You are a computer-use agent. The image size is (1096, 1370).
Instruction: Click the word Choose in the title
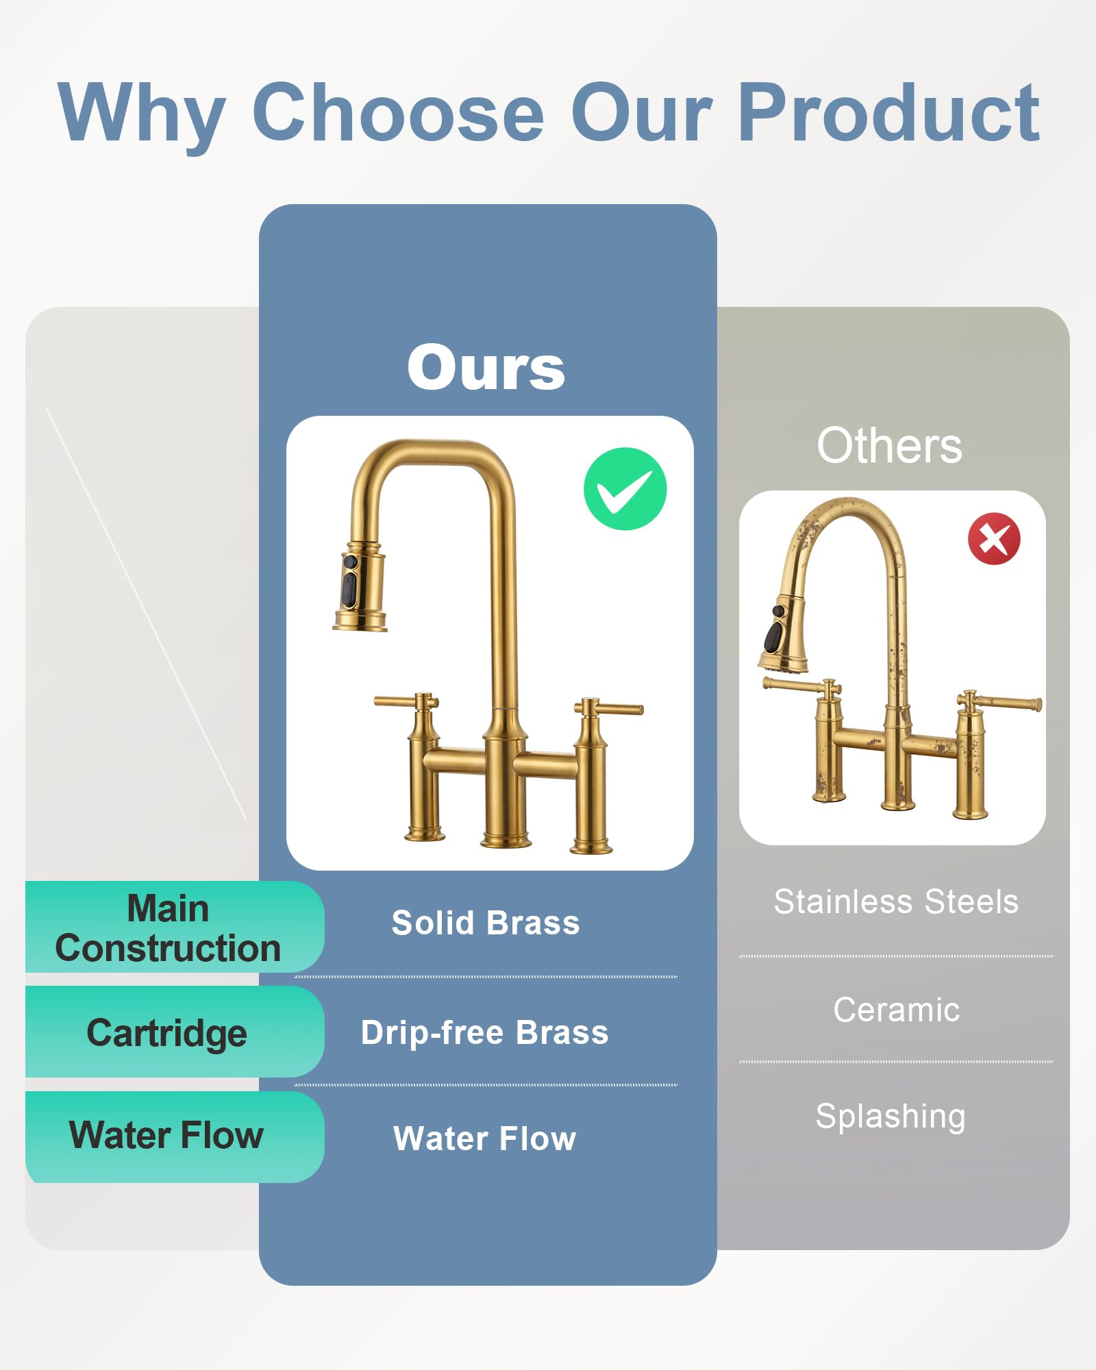[x=398, y=112]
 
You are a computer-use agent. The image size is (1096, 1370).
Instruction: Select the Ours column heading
[x=486, y=368]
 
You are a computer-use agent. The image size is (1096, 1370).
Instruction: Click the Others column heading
[x=889, y=446]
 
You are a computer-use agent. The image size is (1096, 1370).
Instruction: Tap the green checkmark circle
[x=625, y=489]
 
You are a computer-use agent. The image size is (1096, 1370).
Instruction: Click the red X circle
[x=994, y=538]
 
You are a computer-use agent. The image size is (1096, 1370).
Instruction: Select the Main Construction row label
[x=169, y=928]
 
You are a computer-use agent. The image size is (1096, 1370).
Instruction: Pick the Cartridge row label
[x=166, y=1032]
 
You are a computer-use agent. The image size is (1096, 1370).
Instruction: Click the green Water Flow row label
[x=166, y=1135]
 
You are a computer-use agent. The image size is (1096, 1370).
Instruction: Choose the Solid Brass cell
[x=486, y=923]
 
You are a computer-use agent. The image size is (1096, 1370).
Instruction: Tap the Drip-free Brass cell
[x=485, y=1032]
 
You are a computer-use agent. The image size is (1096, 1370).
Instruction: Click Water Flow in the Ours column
[x=485, y=1138]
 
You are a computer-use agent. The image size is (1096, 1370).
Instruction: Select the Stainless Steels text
[x=896, y=901]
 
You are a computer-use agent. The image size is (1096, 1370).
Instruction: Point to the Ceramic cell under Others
[x=896, y=1010]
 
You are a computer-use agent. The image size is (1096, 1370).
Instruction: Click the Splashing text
[x=891, y=1117]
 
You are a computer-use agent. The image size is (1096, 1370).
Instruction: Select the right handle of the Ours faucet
[x=610, y=708]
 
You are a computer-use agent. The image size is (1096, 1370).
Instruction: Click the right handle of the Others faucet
[x=1004, y=703]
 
